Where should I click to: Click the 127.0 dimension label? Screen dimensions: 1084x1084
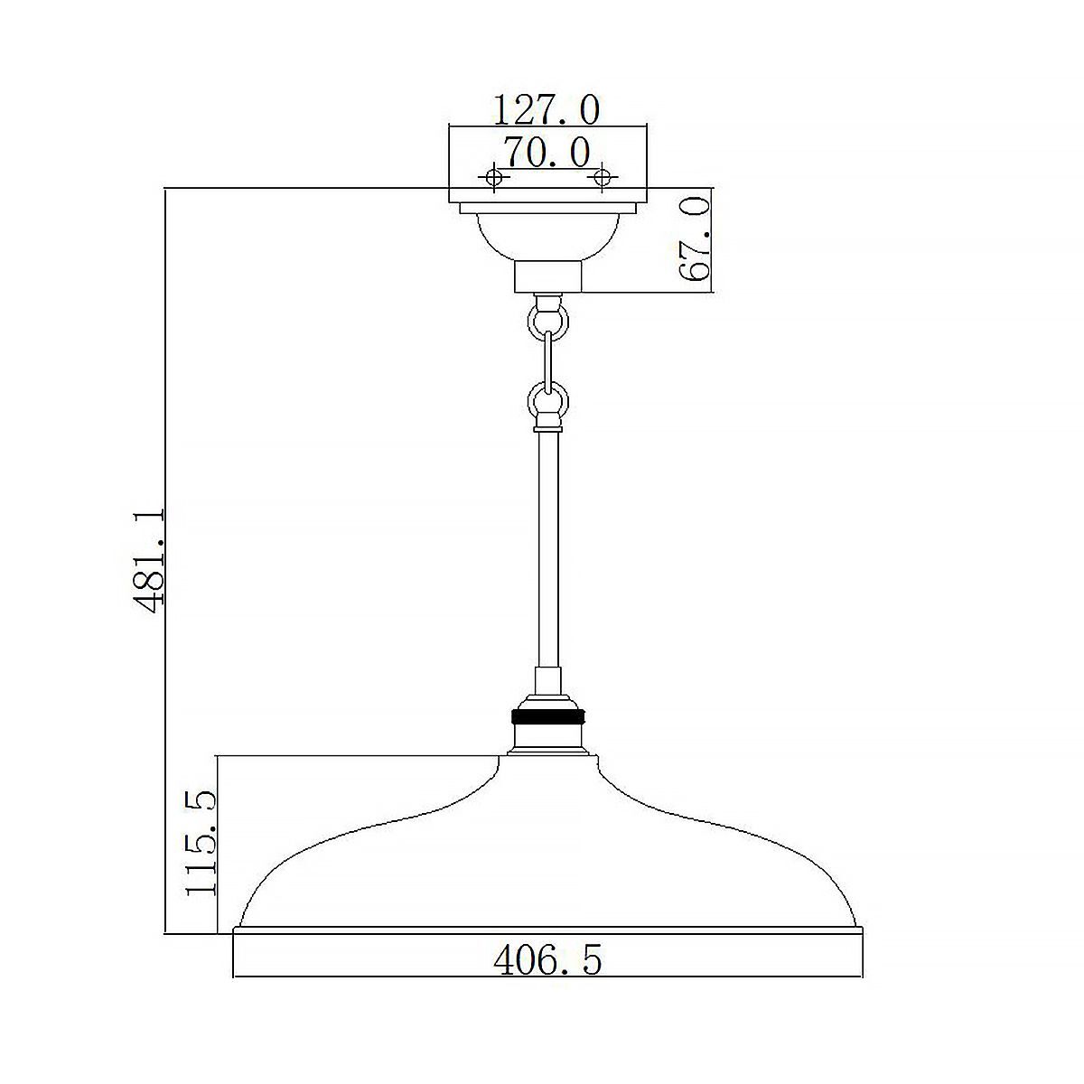tap(547, 110)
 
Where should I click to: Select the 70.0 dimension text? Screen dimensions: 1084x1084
tap(547, 152)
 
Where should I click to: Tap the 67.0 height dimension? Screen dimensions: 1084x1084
tap(694, 239)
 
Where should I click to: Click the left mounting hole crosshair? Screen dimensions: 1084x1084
tap(493, 177)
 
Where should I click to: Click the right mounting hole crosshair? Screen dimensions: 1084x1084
tap(602, 177)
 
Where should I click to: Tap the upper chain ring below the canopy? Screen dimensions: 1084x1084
tap(548, 322)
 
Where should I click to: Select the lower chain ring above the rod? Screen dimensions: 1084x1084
tap(548, 402)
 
